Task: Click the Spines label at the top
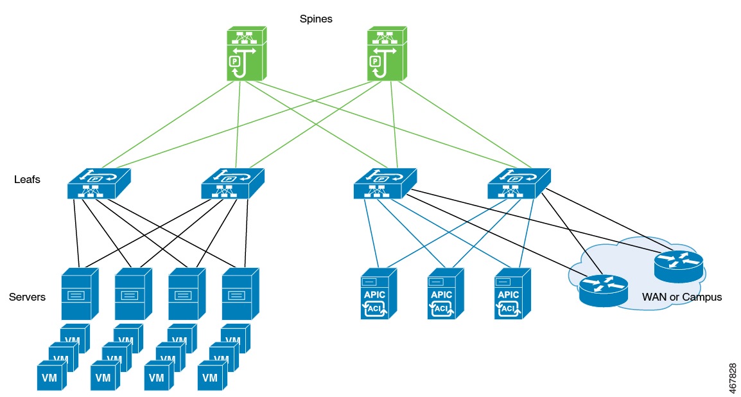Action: point(316,19)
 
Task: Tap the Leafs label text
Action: point(27,180)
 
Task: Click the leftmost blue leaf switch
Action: point(98,184)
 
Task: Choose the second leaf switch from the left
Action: point(232,184)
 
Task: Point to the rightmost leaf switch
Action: point(519,184)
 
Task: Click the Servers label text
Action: point(27,297)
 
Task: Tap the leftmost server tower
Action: point(80,294)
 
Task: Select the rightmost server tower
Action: point(240,294)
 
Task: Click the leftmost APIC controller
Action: point(378,294)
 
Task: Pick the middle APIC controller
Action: point(445,294)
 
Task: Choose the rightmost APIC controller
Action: point(512,294)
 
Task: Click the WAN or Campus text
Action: point(682,297)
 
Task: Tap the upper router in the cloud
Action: point(678,265)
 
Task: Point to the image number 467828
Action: point(733,376)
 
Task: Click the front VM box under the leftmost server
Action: point(51,376)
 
